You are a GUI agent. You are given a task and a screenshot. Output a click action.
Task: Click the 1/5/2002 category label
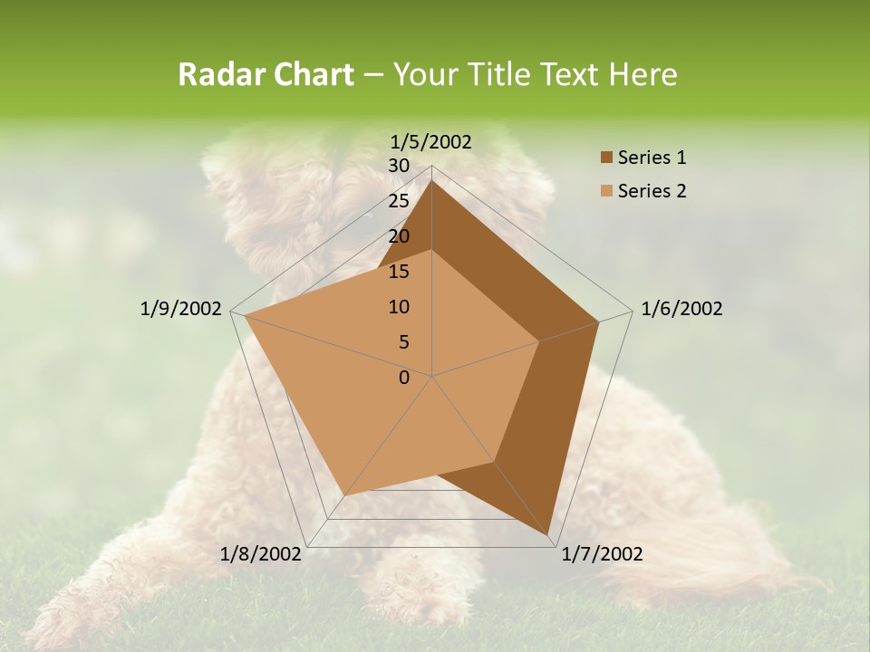(x=431, y=141)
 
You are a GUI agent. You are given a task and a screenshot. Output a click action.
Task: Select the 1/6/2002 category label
(x=681, y=309)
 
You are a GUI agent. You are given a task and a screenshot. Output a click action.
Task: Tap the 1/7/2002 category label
(x=602, y=554)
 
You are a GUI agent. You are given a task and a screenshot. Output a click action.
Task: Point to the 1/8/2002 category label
(x=261, y=554)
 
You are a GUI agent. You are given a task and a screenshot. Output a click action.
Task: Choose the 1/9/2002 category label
(x=181, y=309)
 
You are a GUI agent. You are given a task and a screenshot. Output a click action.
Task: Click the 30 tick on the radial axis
(x=399, y=166)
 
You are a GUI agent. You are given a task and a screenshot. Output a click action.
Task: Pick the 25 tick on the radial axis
(x=399, y=201)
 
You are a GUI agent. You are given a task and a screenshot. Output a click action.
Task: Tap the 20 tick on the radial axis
(x=399, y=236)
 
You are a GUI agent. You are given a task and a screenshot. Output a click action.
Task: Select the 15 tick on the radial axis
(x=399, y=272)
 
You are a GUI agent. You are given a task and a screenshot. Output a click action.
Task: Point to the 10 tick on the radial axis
(x=399, y=307)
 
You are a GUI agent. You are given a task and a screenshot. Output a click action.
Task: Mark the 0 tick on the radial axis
(x=404, y=378)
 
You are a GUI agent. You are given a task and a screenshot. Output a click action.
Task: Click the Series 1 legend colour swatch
(x=606, y=158)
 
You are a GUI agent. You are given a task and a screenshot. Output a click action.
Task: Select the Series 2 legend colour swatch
(x=606, y=191)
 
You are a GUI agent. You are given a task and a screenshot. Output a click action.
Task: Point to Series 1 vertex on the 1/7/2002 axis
(x=549, y=535)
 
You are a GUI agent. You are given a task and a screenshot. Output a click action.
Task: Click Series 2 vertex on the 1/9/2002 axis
(x=245, y=316)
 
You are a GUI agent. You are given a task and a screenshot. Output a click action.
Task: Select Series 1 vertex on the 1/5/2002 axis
(x=432, y=180)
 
